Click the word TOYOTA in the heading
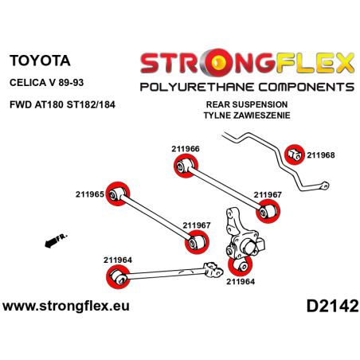[x=39, y=61]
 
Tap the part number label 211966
[x=185, y=148]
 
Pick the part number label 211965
[x=90, y=194]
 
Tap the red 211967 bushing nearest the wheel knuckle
[x=267, y=212]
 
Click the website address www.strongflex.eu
[x=67, y=305]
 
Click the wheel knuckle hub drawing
[x=240, y=235]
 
